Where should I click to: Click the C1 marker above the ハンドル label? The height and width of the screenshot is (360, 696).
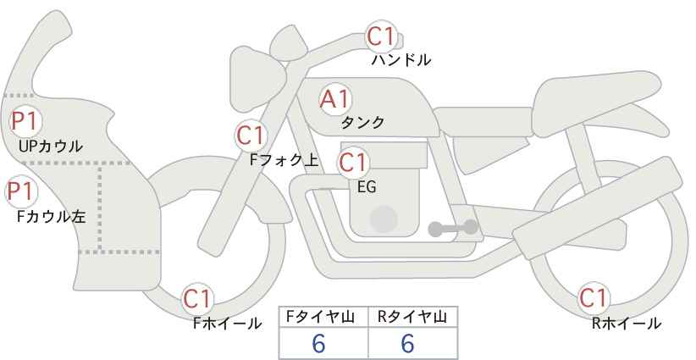pos(381,36)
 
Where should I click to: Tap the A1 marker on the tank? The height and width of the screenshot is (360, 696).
pos(334,99)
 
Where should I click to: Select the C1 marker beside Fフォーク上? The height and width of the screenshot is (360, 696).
pos(251,136)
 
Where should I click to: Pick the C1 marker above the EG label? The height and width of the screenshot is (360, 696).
pos(353,163)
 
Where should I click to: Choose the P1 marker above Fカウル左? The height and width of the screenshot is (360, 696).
pos(21,192)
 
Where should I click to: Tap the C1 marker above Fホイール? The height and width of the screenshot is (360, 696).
pos(197,299)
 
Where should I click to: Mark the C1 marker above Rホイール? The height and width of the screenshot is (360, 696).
pos(593,298)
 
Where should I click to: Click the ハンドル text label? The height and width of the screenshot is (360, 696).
pos(401,60)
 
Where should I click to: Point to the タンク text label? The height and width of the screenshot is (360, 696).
pos(362,123)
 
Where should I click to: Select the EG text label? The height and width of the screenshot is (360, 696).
pos(367,187)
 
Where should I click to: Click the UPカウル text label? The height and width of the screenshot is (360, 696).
pos(51,146)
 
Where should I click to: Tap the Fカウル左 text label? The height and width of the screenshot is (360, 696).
pos(52,217)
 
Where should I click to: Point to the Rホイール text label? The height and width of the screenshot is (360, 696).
pos(627,324)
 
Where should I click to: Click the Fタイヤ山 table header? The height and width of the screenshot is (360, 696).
pos(320,317)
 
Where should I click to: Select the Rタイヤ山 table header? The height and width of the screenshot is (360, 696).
pos(412,317)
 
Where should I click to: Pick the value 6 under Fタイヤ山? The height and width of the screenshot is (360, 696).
pos(318,343)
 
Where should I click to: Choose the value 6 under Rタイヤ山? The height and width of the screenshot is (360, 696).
pos(407,343)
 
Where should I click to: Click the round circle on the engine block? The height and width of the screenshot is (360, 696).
pos(384,219)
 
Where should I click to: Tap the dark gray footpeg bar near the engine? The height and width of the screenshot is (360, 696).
pos(453,228)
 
